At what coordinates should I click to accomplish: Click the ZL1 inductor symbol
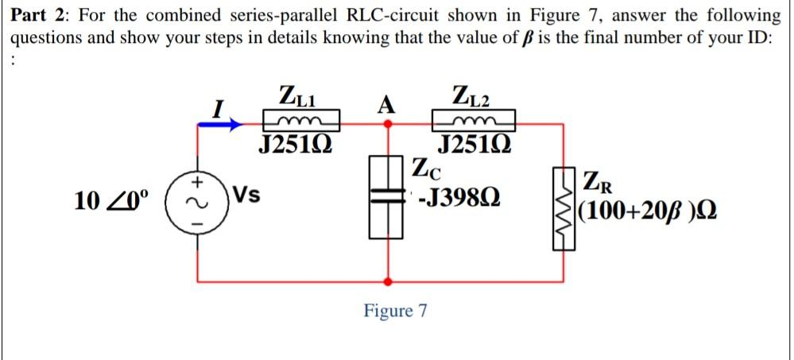[301, 122]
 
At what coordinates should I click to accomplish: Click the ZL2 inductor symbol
[474, 122]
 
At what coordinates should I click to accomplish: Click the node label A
[387, 103]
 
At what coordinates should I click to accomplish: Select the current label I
[225, 104]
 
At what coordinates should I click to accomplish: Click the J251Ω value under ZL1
[296, 145]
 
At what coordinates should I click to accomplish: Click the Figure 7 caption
[395, 310]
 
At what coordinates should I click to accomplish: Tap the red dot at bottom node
[388, 281]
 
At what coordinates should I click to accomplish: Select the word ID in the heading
[753, 40]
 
